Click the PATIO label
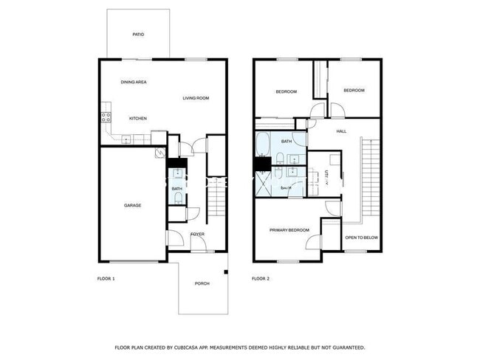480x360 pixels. tap(138, 35)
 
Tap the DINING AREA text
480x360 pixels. tap(134, 82)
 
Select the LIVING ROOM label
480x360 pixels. tap(196, 98)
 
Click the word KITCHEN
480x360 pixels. tap(138, 119)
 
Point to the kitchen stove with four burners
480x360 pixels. tap(106, 116)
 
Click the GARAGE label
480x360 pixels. tap(132, 205)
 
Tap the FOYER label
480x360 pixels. tap(197, 235)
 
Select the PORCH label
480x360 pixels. tap(202, 284)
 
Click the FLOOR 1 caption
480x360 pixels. tap(107, 279)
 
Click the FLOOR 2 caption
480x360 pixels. tap(261, 279)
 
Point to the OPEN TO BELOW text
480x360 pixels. tap(362, 238)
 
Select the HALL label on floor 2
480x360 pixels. tap(341, 131)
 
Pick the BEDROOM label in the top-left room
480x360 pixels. tap(286, 91)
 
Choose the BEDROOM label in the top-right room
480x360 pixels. tap(354, 90)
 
